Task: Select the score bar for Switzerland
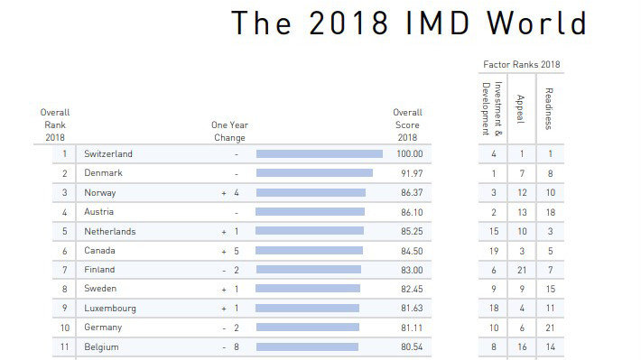319,154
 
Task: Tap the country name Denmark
104,173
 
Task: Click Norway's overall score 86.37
409,193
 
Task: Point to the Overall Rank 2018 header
54,125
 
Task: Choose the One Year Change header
228,131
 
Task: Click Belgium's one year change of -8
228,346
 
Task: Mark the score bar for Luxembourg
308,308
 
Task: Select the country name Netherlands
110,231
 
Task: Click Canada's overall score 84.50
409,251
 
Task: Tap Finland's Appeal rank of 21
520,270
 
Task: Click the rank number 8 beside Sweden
64,289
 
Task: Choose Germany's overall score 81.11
409,328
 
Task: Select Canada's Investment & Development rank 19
494,251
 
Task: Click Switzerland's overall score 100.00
407,154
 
